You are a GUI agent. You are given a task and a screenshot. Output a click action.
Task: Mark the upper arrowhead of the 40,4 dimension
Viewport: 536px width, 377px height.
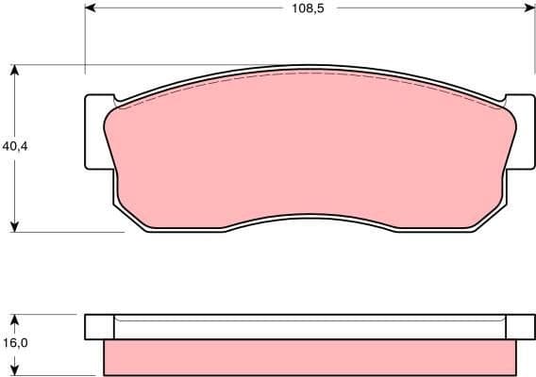pyautogui.click(x=15, y=70)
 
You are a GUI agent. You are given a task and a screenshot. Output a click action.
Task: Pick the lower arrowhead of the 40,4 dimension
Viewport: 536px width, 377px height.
pyautogui.click(x=15, y=225)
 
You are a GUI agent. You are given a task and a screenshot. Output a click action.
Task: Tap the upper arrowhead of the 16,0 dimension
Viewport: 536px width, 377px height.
pyautogui.click(x=15, y=318)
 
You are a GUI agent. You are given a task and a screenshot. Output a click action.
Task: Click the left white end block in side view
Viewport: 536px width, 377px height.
pyautogui.click(x=98, y=327)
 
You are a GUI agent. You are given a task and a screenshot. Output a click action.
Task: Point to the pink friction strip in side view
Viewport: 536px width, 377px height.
pyautogui.click(x=310, y=356)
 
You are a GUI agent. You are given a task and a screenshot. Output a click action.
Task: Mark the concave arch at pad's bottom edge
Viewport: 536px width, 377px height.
pyautogui.click(x=310, y=216)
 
